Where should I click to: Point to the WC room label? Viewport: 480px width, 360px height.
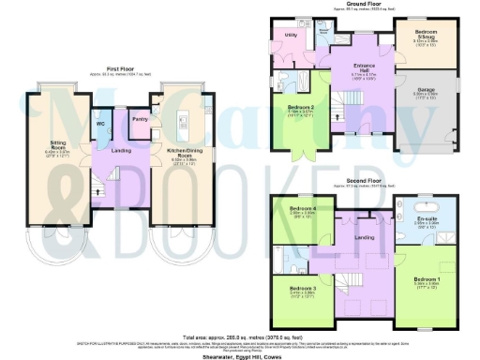coord(99,123)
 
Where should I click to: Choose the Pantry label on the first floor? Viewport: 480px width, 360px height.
coord(139,118)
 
